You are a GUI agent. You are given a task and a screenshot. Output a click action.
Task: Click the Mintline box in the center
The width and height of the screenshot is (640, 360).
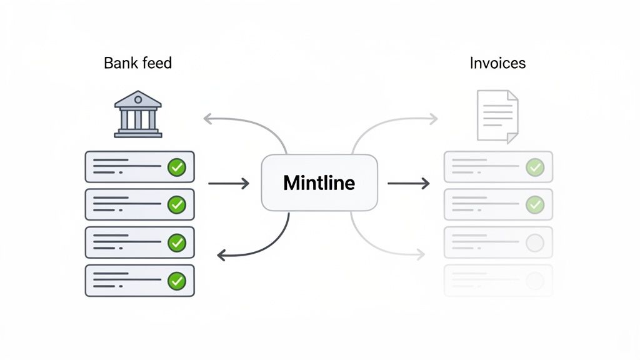point(319,182)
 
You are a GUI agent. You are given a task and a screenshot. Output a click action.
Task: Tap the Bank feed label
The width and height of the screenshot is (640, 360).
point(137,63)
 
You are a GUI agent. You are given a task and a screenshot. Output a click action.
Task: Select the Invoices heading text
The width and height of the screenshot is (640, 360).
point(497,63)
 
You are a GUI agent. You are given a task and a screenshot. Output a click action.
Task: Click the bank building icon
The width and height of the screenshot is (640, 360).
point(138,114)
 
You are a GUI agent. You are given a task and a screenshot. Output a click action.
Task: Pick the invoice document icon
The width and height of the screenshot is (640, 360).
point(497,116)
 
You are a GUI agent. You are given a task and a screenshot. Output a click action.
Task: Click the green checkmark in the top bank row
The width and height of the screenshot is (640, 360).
point(177,167)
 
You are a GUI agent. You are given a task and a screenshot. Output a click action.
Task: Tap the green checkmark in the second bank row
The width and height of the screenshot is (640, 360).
point(177,204)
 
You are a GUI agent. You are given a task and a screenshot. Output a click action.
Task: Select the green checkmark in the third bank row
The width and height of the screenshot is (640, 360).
point(177,242)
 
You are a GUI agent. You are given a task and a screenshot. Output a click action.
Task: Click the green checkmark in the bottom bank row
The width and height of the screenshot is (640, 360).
point(177,281)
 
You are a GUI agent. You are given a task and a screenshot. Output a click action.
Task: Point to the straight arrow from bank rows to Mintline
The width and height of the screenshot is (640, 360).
point(228,183)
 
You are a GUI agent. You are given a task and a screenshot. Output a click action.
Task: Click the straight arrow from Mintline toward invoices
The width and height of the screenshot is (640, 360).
point(408,183)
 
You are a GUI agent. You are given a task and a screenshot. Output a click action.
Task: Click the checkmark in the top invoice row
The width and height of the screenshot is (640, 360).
point(534,167)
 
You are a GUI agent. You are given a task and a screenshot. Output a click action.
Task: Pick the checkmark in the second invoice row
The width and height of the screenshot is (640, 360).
point(534,204)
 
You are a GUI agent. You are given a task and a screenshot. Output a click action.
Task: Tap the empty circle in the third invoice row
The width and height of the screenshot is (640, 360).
point(534,242)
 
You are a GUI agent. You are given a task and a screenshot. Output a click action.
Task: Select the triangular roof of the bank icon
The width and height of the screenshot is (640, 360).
point(138,99)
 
